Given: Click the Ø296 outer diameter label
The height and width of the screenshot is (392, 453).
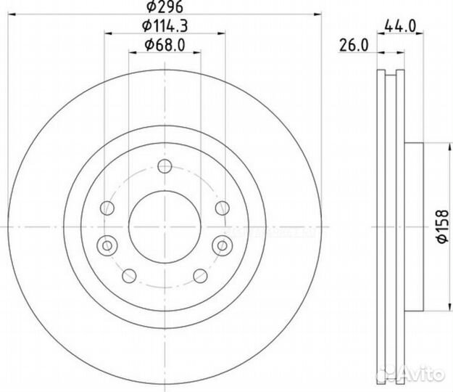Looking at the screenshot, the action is tap(165, 7).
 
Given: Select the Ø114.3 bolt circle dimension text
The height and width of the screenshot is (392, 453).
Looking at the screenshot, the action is tap(165, 26).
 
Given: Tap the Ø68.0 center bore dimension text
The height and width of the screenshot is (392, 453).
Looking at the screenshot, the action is tap(165, 45).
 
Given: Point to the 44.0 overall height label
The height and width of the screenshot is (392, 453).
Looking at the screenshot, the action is tap(400, 27).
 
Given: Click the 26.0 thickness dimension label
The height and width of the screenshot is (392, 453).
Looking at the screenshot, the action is tap(354, 46).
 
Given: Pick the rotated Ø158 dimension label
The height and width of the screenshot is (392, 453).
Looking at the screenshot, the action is tap(443, 226).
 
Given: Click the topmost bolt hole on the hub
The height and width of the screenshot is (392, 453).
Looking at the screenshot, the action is tap(165, 166).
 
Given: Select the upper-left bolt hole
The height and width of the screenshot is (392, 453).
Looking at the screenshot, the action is tap(107, 208).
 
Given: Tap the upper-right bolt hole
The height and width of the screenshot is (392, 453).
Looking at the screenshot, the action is tap(223, 208).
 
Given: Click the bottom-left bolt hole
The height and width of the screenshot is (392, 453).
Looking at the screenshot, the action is tap(129, 276).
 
